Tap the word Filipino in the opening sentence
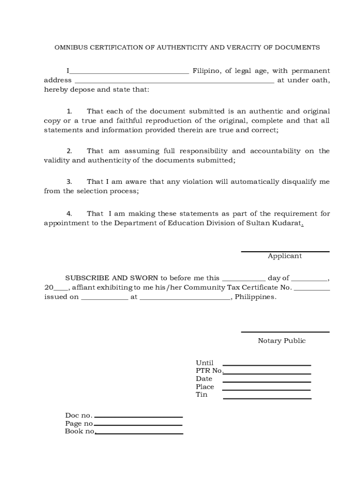(x=206, y=71)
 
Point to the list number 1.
(x=69, y=111)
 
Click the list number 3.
(x=69, y=182)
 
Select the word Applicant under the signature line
(x=285, y=256)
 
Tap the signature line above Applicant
(x=285, y=252)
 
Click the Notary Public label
(x=281, y=341)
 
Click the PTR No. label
(x=209, y=371)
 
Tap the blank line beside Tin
(x=266, y=398)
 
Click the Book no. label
(x=79, y=431)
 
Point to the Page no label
(x=79, y=423)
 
